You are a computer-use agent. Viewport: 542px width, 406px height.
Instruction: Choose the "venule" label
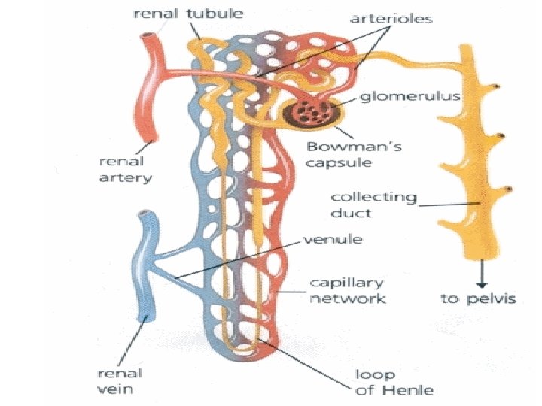[x=331, y=241]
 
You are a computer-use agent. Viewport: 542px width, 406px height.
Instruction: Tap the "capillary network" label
[x=348, y=290]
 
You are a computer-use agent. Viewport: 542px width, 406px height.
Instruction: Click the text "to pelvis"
[x=478, y=298]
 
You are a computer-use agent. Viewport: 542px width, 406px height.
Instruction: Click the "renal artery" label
[x=124, y=170]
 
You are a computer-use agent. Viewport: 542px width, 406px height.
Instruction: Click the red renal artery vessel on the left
[x=150, y=90]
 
